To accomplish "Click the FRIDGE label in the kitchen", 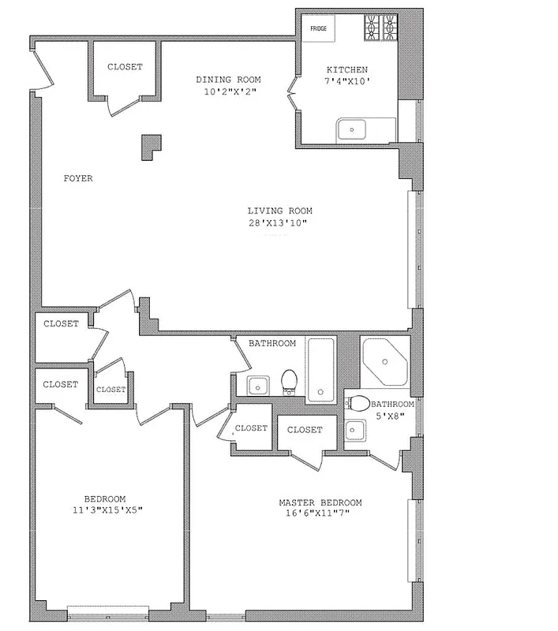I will click(318, 28).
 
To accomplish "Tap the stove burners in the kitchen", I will click(380, 29).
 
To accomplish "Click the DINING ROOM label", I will click(228, 80).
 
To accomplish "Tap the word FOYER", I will click(78, 178).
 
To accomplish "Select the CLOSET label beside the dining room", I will click(125, 67).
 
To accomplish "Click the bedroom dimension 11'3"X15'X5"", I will click(105, 510).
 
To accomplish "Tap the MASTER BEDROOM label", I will click(320, 502).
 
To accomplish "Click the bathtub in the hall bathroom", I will click(320, 369).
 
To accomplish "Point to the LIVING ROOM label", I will click(280, 211).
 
